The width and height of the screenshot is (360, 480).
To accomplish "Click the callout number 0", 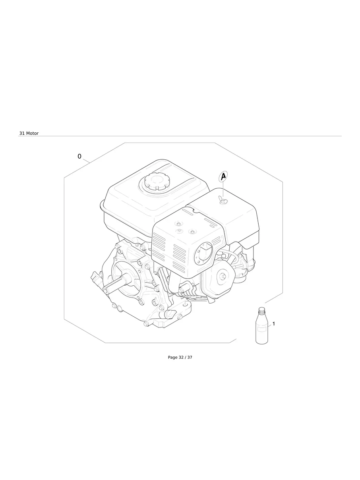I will (79, 157).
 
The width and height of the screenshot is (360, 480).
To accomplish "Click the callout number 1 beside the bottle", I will (273, 324).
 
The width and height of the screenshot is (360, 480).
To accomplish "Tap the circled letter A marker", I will (223, 176).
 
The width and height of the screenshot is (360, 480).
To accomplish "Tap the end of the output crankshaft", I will (106, 288).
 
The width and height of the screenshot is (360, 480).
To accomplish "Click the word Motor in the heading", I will (33, 134).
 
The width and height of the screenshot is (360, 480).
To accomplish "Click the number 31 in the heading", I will (22, 134).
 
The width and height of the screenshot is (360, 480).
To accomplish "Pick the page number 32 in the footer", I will (181, 357).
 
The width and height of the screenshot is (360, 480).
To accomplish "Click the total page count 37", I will (190, 357).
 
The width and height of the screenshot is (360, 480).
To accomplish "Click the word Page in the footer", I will (172, 357).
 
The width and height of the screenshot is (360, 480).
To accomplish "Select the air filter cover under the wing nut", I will (234, 219).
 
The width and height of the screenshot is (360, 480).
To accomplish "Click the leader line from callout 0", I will (87, 161).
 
